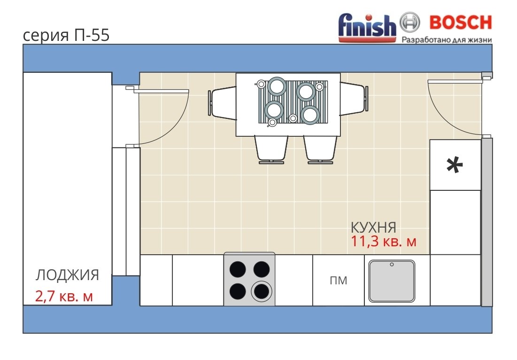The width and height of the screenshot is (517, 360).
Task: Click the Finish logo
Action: point(367,28)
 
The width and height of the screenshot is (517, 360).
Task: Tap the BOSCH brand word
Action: point(460,23)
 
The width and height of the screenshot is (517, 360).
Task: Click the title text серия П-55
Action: point(66,35)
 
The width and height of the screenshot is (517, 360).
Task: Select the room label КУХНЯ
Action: point(373,227)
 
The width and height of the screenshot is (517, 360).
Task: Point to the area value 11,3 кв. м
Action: point(383,242)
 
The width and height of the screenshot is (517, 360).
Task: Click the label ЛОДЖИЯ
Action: point(67,275)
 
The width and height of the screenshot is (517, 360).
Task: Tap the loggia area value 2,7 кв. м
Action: point(64,296)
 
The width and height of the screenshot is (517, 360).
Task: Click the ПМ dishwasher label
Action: point(338,281)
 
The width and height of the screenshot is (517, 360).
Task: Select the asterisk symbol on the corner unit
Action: point(455,165)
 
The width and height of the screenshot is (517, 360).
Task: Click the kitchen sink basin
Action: point(391,281)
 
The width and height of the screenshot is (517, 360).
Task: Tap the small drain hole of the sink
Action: point(392,265)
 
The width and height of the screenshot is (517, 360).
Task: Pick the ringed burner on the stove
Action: point(262,291)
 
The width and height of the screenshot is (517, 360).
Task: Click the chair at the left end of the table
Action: point(222,103)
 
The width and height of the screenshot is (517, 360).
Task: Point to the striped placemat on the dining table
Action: point(293,102)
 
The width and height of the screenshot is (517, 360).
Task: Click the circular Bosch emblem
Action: point(410,23)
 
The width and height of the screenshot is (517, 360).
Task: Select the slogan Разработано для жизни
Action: point(447,40)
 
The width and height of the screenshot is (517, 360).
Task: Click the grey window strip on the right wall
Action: point(486,222)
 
